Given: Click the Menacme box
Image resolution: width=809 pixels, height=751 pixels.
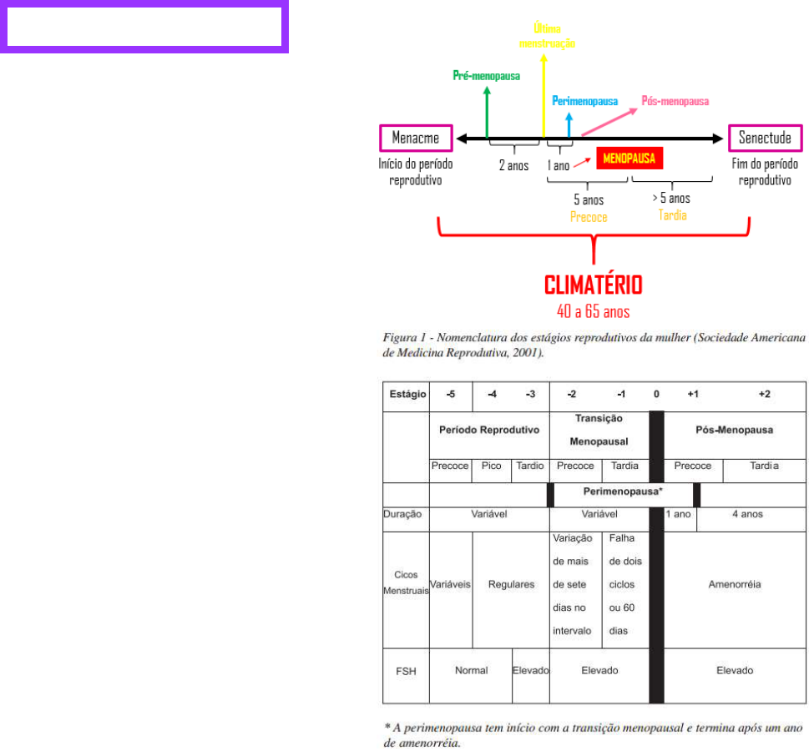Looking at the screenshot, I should coord(415,138).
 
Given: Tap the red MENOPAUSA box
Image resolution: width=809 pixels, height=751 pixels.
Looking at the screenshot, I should coord(629,159).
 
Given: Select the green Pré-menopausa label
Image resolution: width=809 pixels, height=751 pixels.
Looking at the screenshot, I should coord(486,76).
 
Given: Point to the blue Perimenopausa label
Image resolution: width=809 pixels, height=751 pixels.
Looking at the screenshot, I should coord(584,102).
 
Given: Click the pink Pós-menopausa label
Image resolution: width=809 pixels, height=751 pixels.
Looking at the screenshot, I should coord(675,101).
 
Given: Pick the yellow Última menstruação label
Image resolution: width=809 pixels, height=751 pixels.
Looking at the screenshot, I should coord(547,36).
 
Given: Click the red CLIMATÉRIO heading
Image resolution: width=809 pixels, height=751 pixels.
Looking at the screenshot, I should coord(594,285).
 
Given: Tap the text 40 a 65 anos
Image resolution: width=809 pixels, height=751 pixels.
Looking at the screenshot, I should coord(594,311).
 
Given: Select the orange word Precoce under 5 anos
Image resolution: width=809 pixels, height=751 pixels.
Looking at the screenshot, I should coord(588,216).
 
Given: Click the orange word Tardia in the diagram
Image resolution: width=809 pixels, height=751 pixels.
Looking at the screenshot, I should coord(672,214).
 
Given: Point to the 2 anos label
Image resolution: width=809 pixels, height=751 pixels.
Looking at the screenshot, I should coord(513,165).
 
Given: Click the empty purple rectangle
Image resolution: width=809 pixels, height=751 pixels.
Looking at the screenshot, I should coord(144,28).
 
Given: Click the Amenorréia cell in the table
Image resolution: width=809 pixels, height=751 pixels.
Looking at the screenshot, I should coord(734,585).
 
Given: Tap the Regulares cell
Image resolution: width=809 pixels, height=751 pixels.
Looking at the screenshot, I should coord(511,585).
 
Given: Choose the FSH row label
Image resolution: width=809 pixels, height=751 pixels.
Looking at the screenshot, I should coord(406,670).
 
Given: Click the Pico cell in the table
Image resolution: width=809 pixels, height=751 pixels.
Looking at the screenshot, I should coord(492,466).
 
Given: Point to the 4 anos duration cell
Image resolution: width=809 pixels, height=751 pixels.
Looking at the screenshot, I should coord(747,514).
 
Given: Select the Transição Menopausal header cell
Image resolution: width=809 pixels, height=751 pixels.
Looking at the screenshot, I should coord(599,429).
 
